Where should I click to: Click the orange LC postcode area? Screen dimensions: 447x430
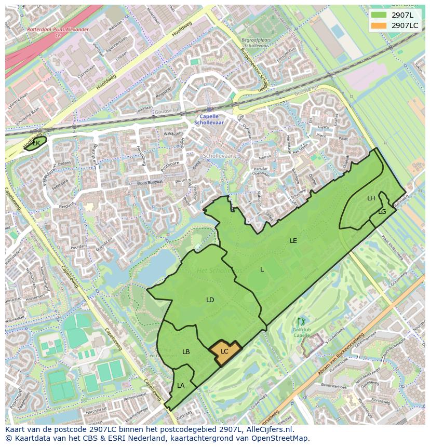click(225, 352)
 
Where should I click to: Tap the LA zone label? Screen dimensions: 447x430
click(181, 386)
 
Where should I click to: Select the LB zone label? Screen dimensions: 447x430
click(186, 352)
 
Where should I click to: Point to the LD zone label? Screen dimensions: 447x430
click(210, 300)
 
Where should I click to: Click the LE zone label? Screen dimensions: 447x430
click(293, 241)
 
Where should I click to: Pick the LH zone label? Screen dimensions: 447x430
click(371, 198)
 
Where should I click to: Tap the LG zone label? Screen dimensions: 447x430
click(382, 212)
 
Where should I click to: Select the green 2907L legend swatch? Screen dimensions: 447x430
click(379, 15)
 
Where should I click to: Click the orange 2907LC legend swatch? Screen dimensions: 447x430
click(379, 25)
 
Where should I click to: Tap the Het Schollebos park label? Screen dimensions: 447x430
click(219, 270)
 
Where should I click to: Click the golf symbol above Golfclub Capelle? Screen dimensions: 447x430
click(301, 322)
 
